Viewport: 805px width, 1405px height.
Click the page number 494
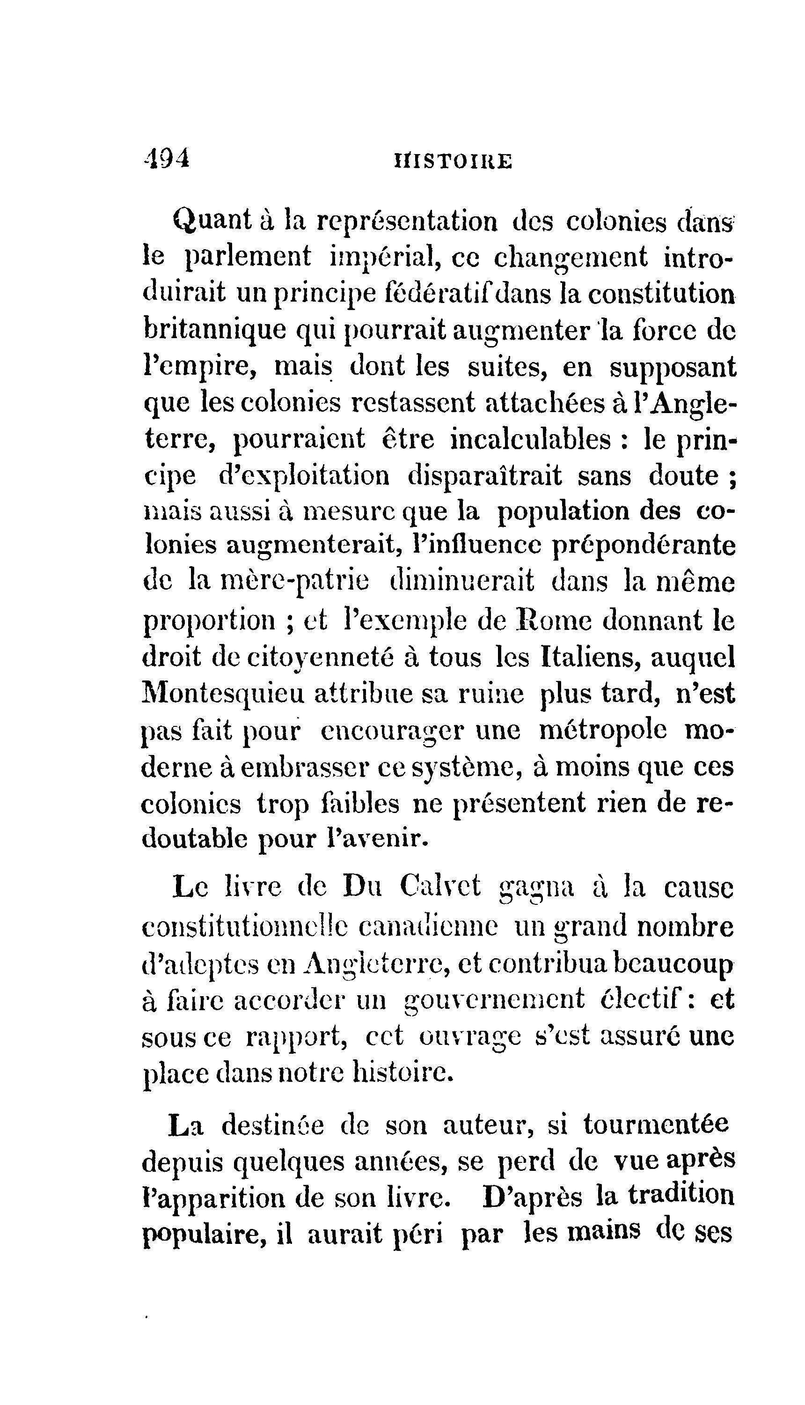166,158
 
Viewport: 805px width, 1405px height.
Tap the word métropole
603,730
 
